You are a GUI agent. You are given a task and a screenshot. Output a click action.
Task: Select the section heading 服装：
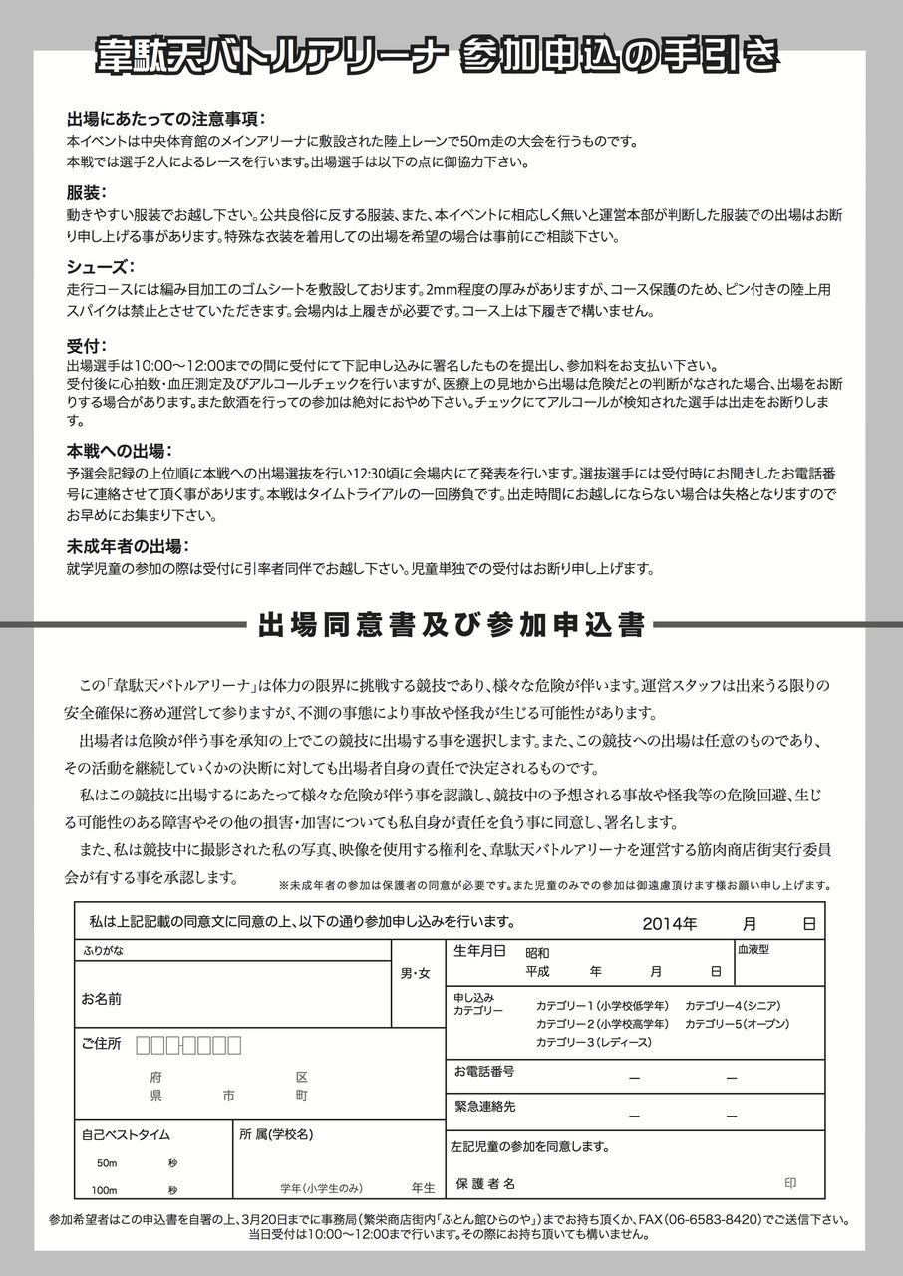(87, 191)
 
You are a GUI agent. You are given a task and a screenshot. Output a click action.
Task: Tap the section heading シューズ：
(101, 266)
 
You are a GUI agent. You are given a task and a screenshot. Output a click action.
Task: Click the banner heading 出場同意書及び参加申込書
(451, 625)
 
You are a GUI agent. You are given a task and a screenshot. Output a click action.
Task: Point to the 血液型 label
(753, 950)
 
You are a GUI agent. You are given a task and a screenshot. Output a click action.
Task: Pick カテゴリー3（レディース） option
(593, 1042)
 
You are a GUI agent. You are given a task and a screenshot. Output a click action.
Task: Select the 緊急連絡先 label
(485, 1107)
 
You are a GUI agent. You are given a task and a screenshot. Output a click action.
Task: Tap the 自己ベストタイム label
(126, 1134)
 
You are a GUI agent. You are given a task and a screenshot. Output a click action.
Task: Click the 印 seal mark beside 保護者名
(790, 1183)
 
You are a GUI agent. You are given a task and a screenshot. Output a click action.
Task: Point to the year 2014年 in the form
(670, 923)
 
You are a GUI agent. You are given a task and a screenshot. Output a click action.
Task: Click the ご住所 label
(101, 1044)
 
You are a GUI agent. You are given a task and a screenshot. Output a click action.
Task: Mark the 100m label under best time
(105, 1191)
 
